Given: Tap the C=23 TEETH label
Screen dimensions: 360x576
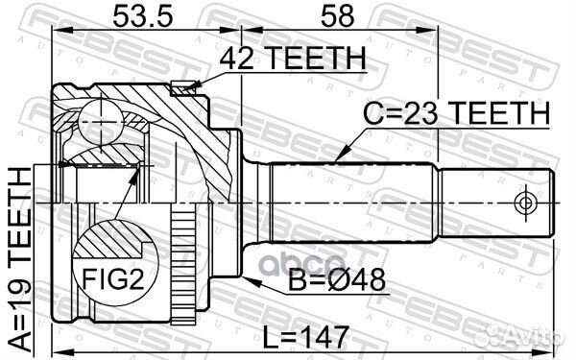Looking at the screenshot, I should tap(456, 113).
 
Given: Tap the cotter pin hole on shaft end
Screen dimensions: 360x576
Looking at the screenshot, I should tap(523, 203).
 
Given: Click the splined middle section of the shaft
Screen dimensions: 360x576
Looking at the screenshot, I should tap(355, 203).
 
